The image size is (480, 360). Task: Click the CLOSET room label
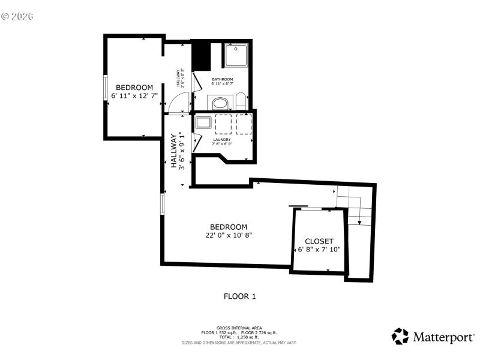pos(319,241)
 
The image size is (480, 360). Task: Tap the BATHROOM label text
pos(222,80)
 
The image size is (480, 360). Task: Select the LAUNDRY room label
pos(222,139)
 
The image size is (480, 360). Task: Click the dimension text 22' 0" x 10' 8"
pos(229,235)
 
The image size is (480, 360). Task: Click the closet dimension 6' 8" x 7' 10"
pos(319,250)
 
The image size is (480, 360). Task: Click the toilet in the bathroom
pos(241,100)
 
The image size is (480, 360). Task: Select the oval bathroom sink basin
pos(220,103)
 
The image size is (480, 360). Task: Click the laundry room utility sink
pos(202,124)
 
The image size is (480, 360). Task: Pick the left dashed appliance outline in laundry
pos(223,124)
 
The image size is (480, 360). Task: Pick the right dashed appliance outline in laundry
pos(244,124)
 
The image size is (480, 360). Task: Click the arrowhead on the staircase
pos(359,223)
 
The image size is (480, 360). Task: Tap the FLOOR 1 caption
pos(240,296)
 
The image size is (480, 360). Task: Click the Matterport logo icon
pos(400,336)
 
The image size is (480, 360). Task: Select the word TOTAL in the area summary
pos(226,337)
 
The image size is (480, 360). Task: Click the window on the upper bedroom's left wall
pos(105,88)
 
